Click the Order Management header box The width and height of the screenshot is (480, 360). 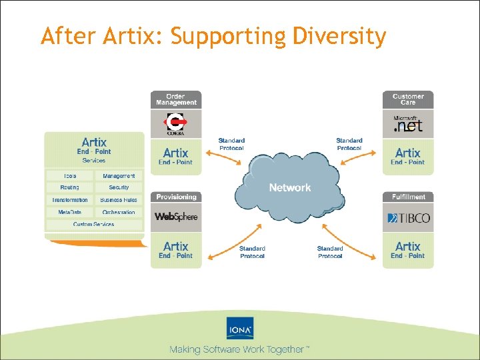click(x=176, y=99)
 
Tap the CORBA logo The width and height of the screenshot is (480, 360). click(x=176, y=124)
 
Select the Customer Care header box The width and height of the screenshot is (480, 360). click(x=408, y=99)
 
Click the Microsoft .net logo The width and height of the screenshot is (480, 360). click(x=408, y=124)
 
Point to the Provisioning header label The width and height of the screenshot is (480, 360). click(x=176, y=197)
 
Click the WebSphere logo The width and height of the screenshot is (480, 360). click(x=176, y=217)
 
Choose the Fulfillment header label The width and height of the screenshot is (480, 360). click(x=408, y=197)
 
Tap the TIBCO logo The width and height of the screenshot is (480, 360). click(x=408, y=217)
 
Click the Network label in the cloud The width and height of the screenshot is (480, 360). click(x=289, y=188)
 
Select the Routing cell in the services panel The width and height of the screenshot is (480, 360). click(x=69, y=188)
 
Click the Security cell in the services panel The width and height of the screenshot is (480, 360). click(x=119, y=188)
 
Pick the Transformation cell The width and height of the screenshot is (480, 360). click(x=69, y=200)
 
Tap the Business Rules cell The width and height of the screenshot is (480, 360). click(x=119, y=200)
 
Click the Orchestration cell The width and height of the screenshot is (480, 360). click(x=119, y=212)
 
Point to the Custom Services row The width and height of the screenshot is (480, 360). click(x=93, y=224)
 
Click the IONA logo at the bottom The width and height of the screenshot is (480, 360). click(x=240, y=329)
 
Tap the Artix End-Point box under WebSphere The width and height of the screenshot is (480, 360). click(x=176, y=250)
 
